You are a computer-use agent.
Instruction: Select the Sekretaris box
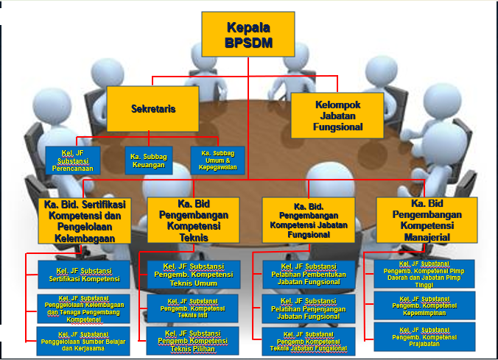pos(152,108)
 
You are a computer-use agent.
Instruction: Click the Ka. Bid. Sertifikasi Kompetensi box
pos(84,219)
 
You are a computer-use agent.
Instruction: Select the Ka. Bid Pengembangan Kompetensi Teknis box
pos(194,219)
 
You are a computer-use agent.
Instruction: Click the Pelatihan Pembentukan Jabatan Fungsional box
pos(309,275)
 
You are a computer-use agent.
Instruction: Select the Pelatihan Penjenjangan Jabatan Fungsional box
pos(309,308)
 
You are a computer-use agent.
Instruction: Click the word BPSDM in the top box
pos(249,43)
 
